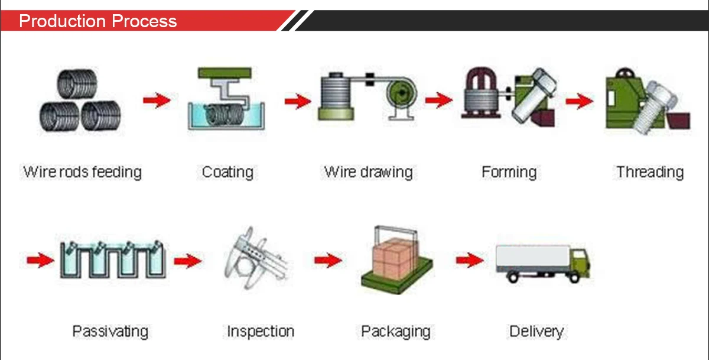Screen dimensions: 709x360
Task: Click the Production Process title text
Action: click(98, 21)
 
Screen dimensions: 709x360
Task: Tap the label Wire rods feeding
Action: click(83, 173)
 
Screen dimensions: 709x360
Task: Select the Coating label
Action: click(227, 173)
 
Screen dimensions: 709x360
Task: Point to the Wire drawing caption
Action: click(368, 173)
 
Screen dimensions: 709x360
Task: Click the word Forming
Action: click(509, 173)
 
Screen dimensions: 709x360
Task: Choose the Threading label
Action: click(650, 173)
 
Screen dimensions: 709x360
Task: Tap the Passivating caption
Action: click(110, 331)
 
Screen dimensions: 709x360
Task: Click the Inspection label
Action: click(260, 331)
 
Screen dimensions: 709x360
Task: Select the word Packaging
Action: click(396, 331)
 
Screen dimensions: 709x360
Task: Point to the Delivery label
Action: click(536, 331)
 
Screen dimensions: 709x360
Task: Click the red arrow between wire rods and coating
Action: click(157, 100)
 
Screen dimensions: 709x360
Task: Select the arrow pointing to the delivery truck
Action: click(470, 260)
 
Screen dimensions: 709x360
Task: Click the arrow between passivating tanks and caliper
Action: click(188, 260)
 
